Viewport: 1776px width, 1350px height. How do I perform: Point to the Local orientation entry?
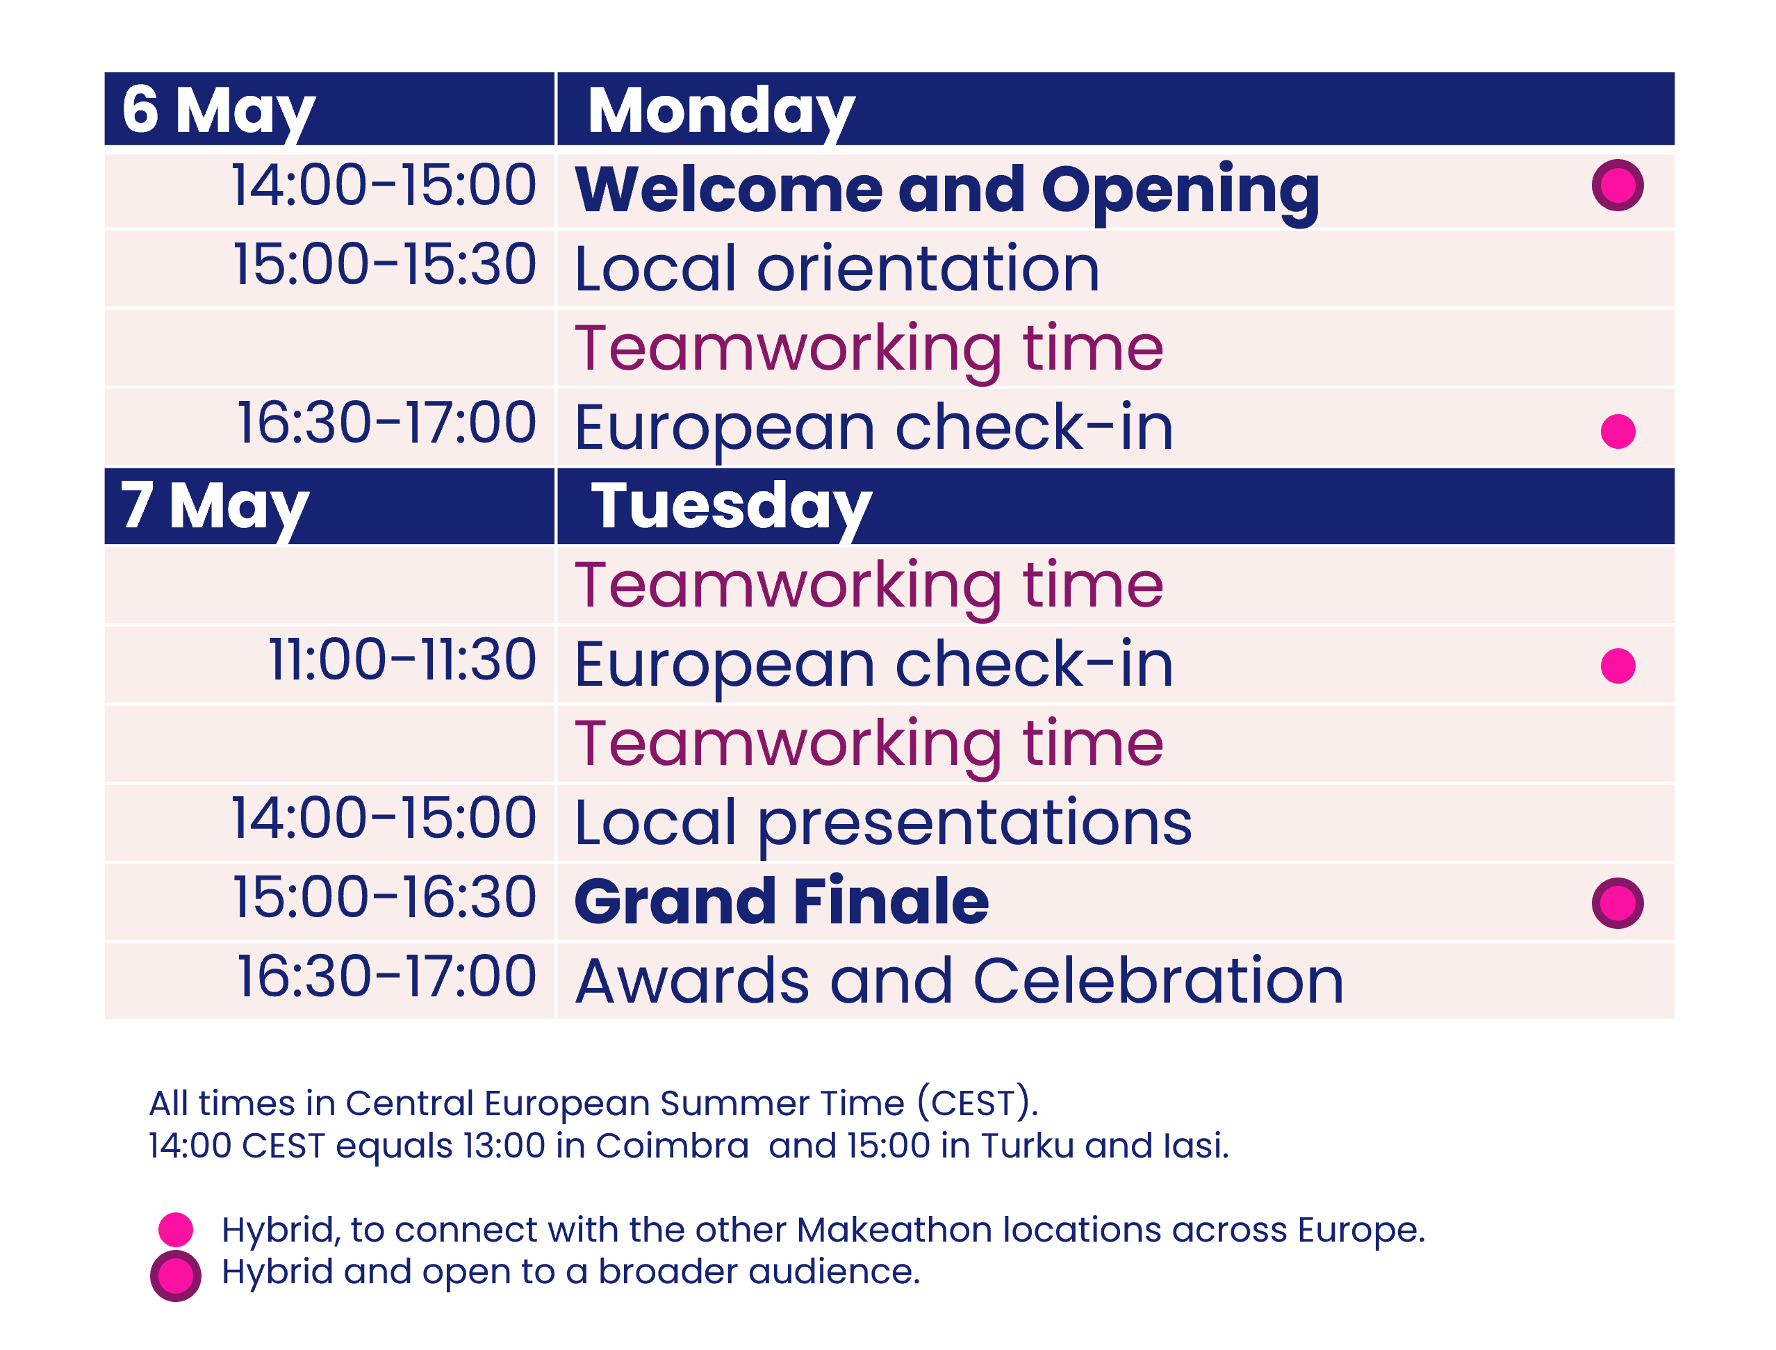point(837,268)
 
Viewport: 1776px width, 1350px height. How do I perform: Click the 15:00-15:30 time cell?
point(384,265)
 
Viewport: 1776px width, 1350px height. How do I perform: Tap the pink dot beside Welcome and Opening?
point(1617,186)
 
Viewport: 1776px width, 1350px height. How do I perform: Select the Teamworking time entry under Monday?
point(869,349)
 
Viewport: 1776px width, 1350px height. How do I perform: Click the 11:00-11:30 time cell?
point(402,661)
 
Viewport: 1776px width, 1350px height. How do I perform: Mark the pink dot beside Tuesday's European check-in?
point(1618,666)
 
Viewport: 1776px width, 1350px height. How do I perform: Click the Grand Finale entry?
point(782,902)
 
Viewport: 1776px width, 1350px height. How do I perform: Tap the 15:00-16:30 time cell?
point(384,898)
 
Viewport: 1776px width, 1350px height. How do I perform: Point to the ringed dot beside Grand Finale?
point(1617,903)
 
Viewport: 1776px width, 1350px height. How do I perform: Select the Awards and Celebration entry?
point(960,981)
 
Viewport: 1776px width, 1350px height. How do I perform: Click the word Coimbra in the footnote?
point(672,1146)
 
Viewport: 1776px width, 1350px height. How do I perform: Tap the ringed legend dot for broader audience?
point(176,1276)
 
